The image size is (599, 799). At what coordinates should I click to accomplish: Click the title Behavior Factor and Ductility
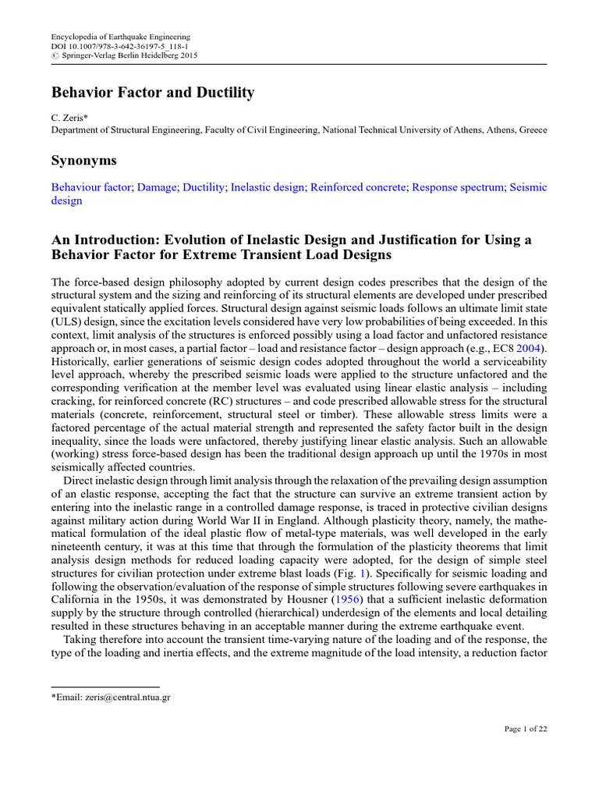[153, 93]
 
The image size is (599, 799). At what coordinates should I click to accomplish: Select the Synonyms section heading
[83, 160]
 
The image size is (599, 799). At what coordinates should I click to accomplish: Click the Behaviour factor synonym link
[91, 187]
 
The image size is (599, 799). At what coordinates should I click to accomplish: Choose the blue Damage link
[157, 187]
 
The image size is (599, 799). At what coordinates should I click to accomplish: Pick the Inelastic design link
[267, 187]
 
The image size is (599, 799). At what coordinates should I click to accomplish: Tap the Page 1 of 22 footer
[525, 729]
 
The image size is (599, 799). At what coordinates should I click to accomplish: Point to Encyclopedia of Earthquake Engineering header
[120, 37]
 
